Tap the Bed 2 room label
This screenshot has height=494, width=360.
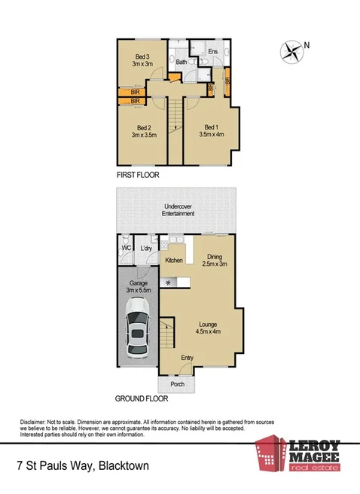[x=145, y=127]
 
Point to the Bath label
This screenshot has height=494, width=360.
[x=181, y=63]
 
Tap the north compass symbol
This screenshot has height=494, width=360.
[x=291, y=51]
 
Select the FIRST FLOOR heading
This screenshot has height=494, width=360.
[x=142, y=175]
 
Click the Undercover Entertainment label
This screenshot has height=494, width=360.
[x=180, y=209]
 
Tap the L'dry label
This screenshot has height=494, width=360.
[x=146, y=249]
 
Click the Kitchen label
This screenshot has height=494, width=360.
[x=175, y=261]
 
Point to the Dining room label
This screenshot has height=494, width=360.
[x=215, y=256]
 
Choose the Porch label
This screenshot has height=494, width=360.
[x=178, y=384]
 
